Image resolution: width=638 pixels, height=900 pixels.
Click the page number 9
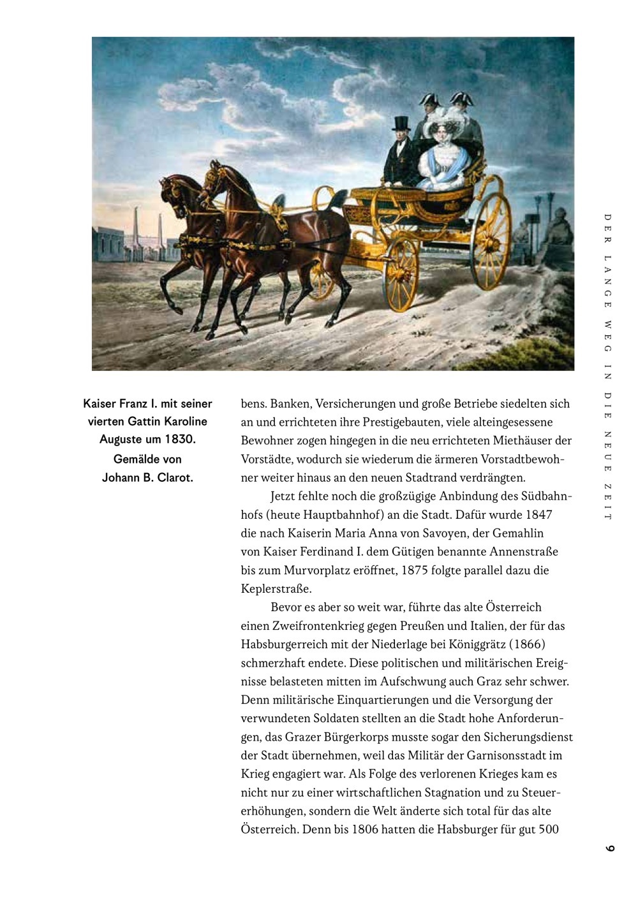(x=610, y=848)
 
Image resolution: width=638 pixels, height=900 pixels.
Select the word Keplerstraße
(x=276, y=588)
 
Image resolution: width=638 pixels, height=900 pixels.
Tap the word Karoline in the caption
(x=186, y=421)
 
